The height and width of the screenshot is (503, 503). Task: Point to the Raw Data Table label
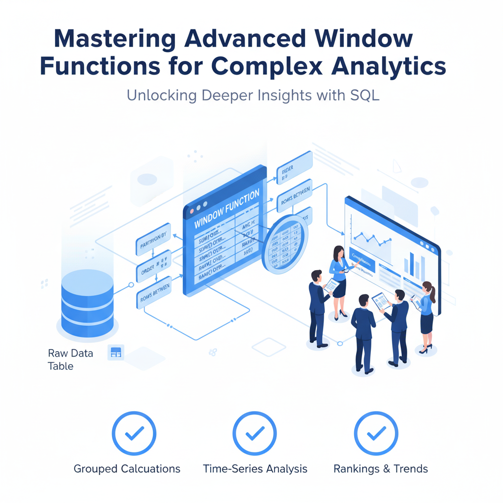click(64, 359)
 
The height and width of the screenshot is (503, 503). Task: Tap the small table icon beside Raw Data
click(116, 352)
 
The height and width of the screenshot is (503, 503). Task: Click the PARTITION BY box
click(153, 239)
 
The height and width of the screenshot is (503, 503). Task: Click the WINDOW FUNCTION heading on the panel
click(227, 209)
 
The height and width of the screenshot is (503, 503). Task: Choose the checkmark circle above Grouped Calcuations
click(134, 434)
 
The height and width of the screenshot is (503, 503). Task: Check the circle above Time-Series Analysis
click(254, 434)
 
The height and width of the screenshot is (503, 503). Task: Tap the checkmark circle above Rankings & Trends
click(376, 434)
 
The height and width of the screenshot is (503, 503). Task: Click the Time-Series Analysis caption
click(255, 469)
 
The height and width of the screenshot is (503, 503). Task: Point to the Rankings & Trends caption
click(380, 469)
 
